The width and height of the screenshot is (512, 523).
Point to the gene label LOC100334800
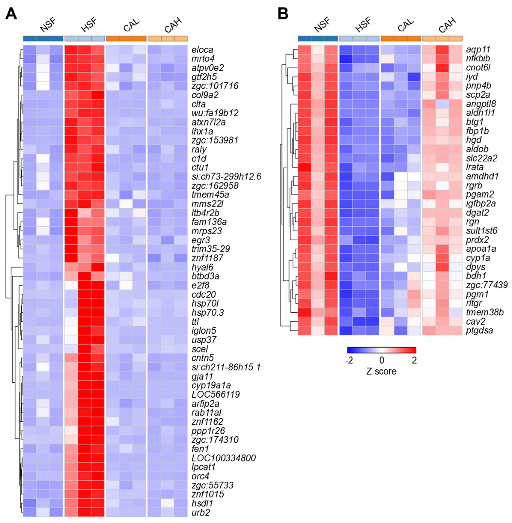[224, 458]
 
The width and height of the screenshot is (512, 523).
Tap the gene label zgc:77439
[487, 285]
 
